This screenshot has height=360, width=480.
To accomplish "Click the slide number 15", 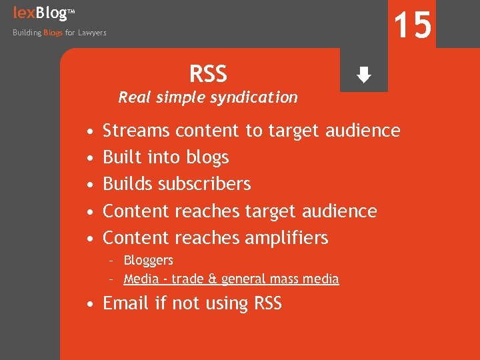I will coord(412,25).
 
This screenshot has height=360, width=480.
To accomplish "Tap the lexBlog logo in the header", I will coord(39,12).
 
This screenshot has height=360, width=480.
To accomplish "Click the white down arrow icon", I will coord(363,75).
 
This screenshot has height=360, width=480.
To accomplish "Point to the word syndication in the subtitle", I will coord(257,98).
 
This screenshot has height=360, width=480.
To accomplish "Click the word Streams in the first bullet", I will coord(137,131).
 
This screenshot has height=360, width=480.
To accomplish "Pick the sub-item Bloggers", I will coord(148,260).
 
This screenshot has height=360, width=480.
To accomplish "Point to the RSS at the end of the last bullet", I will coord(268,303).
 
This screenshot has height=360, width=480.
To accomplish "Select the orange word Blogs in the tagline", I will coord(53,33).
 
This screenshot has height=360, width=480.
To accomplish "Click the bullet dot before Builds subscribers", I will coord(89,185).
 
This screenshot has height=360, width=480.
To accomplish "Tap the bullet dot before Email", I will coord(89,304).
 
